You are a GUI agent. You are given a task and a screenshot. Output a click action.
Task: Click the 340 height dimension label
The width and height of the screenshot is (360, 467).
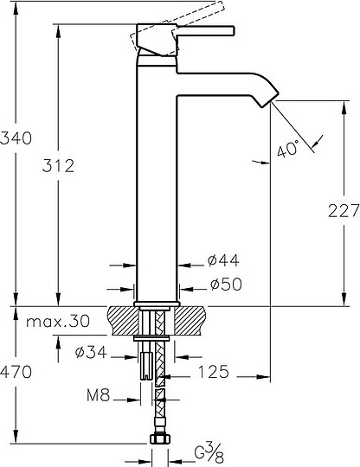(16, 138)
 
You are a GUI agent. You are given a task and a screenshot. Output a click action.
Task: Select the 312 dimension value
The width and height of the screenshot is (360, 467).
(58, 165)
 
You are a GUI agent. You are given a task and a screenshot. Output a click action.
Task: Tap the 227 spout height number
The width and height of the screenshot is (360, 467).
(344, 211)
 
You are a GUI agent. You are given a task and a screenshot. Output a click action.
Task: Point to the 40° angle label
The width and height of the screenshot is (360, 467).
(287, 149)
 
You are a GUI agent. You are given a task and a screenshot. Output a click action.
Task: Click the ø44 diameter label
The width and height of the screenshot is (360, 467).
(223, 260)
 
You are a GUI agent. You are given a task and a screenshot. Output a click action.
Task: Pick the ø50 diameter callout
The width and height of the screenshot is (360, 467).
(226, 285)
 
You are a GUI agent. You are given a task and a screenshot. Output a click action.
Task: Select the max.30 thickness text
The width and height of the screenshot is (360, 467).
(58, 322)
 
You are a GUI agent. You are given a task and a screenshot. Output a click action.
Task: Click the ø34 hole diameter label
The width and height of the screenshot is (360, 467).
(91, 353)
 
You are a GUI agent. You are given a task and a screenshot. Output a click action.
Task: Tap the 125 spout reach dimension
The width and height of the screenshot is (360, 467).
(214, 372)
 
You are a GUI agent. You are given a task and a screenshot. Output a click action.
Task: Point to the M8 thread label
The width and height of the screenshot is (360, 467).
(99, 395)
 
